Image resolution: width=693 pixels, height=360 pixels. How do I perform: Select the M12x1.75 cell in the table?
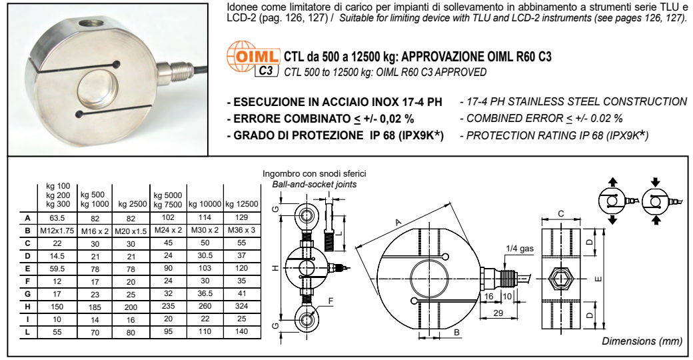coord(54,230)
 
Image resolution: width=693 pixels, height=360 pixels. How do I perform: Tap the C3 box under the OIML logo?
coord(265,70)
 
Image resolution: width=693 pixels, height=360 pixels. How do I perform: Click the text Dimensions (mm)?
coord(642,341)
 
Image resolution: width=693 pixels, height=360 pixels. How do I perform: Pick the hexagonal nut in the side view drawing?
coord(559,277)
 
